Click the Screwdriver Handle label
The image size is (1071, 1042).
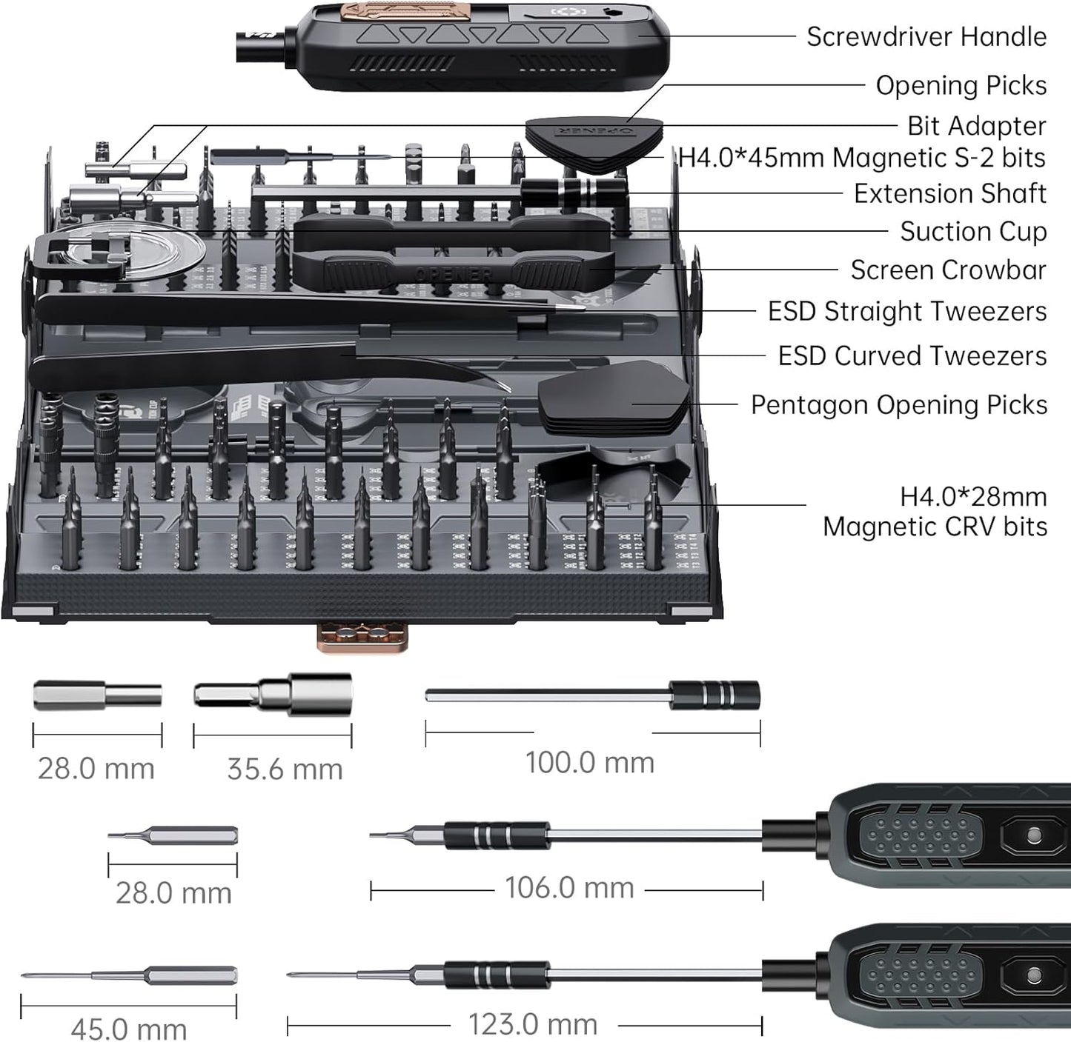coord(926,36)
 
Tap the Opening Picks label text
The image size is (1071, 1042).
coord(961,85)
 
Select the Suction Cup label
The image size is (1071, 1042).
coord(972,231)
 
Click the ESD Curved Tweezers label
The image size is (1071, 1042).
coord(912,355)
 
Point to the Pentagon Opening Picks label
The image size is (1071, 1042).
coord(898,404)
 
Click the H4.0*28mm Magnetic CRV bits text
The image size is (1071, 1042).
coord(935,511)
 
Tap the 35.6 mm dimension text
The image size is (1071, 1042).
coord(285,769)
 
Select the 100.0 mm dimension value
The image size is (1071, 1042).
coord(590,762)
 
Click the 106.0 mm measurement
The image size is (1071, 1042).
coord(569,887)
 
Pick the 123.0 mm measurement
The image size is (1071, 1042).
coord(533,1024)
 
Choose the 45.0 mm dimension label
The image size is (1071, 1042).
coord(129,1029)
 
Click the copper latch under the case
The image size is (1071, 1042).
coord(362,637)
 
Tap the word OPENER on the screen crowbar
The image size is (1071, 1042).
coord(454,274)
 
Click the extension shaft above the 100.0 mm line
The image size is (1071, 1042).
coord(593,695)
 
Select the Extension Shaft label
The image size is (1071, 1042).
coord(949,193)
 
